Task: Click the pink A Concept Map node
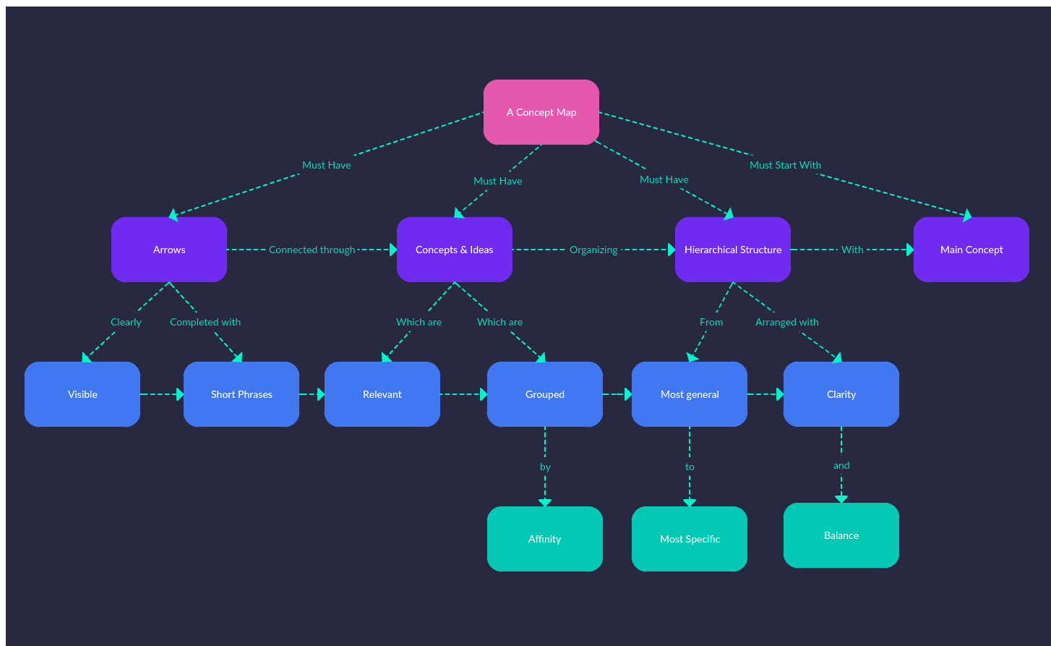click(541, 112)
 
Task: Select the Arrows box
click(169, 250)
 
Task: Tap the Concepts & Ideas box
click(454, 250)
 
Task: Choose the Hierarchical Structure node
click(732, 250)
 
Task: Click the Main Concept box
click(971, 250)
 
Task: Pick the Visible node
click(82, 394)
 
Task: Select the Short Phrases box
click(241, 394)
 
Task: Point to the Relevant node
click(382, 394)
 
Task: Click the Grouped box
click(544, 394)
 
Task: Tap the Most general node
click(689, 394)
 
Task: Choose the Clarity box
click(841, 394)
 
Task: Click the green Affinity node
click(544, 539)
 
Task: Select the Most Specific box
click(689, 539)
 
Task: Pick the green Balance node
click(841, 535)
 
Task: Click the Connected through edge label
click(312, 250)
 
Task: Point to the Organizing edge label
click(593, 250)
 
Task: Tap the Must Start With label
click(785, 165)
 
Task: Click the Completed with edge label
click(205, 322)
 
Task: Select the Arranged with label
click(786, 322)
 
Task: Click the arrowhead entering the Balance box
click(841, 498)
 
